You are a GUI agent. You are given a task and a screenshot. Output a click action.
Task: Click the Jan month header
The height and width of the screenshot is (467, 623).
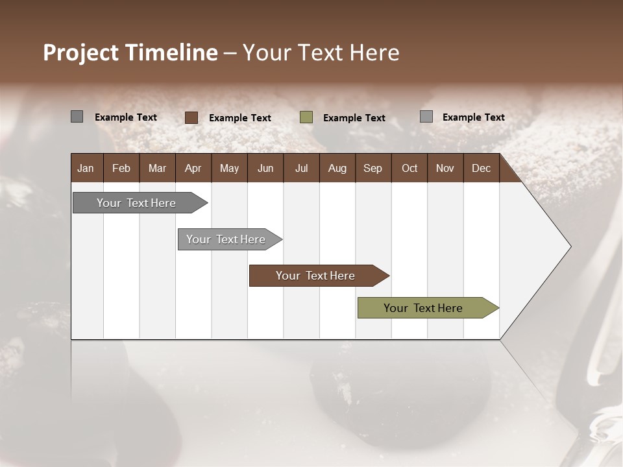click(x=86, y=168)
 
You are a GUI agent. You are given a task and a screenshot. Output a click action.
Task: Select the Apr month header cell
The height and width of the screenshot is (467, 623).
click(x=193, y=168)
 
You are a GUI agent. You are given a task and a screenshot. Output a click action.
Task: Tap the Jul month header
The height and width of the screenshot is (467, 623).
click(x=301, y=168)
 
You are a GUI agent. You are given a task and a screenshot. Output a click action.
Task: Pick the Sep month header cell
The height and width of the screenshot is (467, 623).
click(x=373, y=168)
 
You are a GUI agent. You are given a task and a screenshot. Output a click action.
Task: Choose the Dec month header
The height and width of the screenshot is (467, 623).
click(x=481, y=168)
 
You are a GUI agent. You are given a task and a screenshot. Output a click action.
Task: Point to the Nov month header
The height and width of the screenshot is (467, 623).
click(x=445, y=168)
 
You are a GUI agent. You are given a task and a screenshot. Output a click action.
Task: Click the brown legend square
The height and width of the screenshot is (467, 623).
click(x=191, y=117)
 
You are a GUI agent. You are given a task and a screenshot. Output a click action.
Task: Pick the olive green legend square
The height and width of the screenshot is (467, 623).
click(x=306, y=117)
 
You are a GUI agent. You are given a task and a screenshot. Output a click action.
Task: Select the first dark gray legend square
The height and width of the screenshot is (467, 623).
click(x=77, y=117)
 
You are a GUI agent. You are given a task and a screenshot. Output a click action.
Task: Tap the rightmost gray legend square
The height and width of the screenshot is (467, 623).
click(x=426, y=117)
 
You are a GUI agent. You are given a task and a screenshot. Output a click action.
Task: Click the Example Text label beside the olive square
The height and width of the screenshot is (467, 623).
click(x=354, y=118)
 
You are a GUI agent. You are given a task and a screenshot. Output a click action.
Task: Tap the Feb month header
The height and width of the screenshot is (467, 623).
click(x=121, y=168)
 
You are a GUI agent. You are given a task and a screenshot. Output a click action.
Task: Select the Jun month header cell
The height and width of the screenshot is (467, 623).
click(x=265, y=168)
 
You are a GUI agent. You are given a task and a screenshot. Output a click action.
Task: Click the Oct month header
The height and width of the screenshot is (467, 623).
click(x=409, y=168)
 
